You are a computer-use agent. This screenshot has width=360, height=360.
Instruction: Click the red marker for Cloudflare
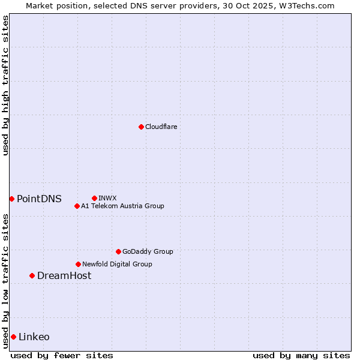(x=141, y=127)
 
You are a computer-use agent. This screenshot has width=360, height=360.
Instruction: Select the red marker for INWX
(x=94, y=198)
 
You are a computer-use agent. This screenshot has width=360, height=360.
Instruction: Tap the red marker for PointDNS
(x=11, y=199)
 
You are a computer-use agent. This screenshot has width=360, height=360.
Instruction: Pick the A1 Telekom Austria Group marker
(x=77, y=206)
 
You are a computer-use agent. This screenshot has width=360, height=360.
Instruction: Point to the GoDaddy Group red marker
(x=118, y=251)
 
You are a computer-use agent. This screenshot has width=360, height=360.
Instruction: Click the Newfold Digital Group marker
(x=78, y=264)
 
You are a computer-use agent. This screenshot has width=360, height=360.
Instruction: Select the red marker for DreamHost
(x=32, y=275)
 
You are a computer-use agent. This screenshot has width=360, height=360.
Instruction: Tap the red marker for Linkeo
(x=13, y=337)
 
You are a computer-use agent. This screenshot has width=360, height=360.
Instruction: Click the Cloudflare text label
(x=161, y=127)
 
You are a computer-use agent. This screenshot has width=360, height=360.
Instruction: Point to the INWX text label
(x=107, y=198)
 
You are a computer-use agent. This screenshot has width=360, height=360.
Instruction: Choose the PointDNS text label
(x=39, y=199)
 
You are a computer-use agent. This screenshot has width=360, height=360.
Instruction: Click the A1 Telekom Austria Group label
(x=122, y=206)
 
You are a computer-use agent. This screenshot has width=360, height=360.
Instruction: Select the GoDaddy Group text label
(x=148, y=251)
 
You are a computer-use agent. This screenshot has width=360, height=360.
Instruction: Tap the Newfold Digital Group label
(x=117, y=264)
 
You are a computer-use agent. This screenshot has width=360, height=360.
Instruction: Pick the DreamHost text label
(x=64, y=275)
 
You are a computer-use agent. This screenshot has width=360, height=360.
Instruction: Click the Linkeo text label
(x=34, y=337)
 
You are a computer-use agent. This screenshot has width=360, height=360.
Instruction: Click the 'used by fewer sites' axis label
(x=62, y=355)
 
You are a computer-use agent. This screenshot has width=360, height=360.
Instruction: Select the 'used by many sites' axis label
(x=301, y=355)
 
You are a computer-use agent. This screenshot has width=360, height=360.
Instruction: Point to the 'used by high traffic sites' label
(x=5, y=85)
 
